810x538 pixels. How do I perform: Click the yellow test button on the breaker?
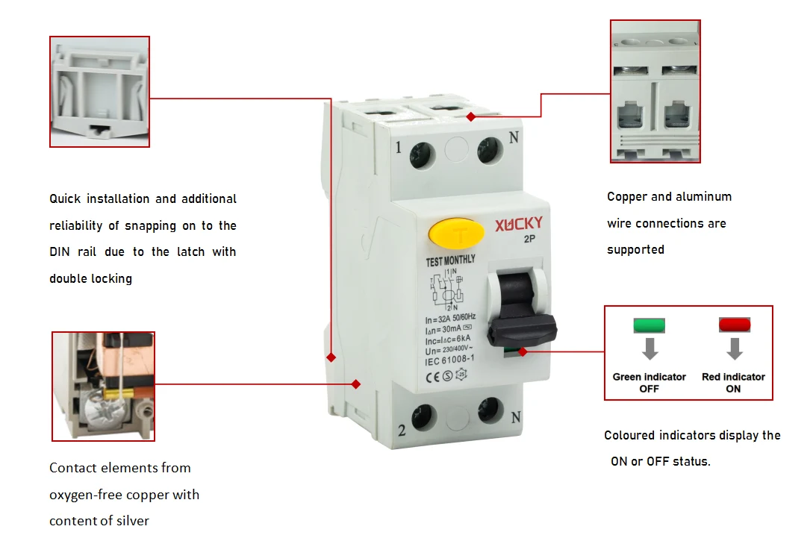point(456,234)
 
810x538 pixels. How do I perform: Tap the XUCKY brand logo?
point(519,224)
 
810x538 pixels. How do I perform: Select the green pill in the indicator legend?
point(649,325)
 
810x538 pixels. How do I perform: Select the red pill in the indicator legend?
point(734,325)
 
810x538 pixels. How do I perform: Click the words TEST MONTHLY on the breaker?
point(450,260)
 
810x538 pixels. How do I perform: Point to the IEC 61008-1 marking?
point(449,360)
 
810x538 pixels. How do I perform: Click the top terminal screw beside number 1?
point(422,155)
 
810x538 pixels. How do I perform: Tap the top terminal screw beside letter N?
point(489,151)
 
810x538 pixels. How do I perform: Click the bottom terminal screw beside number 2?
point(424,416)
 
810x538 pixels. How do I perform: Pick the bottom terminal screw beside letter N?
point(490,410)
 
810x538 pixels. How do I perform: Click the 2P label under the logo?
point(529,239)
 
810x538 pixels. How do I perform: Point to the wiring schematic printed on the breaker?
point(447,290)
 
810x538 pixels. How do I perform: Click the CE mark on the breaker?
point(432,378)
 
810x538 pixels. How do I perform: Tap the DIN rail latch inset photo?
point(100,92)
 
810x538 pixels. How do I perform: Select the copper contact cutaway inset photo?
point(103,387)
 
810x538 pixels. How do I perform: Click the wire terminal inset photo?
point(655,91)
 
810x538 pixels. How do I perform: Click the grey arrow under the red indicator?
point(735,349)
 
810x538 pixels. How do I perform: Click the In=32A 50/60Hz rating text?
point(450,318)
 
